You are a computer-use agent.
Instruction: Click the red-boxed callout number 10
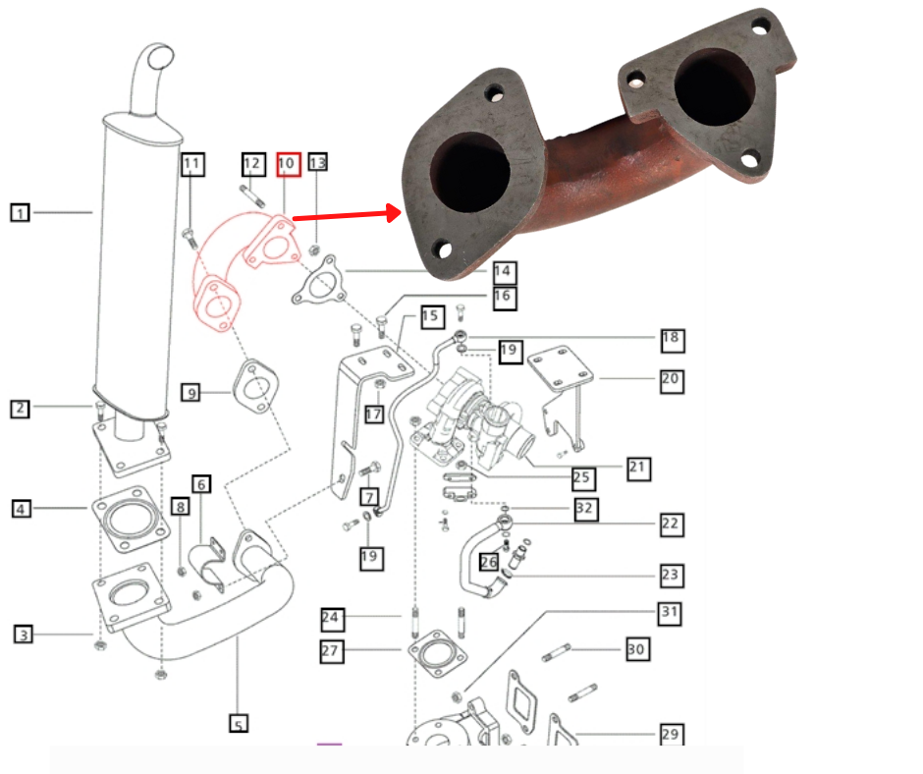tap(287, 163)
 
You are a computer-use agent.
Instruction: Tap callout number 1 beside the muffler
tap(21, 211)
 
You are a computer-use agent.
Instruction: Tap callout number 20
tap(672, 380)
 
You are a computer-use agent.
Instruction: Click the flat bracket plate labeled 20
tap(561, 368)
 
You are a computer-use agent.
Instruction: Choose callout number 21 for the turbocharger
tap(638, 468)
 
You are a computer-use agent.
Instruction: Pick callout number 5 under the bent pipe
tap(239, 725)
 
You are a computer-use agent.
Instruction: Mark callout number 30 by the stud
tap(636, 649)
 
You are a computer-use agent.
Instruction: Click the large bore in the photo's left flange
tap(472, 172)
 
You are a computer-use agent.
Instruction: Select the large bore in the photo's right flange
tap(713, 87)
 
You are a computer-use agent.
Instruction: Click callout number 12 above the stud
tap(252, 163)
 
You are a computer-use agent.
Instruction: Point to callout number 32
tap(585, 509)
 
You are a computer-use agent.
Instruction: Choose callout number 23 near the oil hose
tap(671, 575)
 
